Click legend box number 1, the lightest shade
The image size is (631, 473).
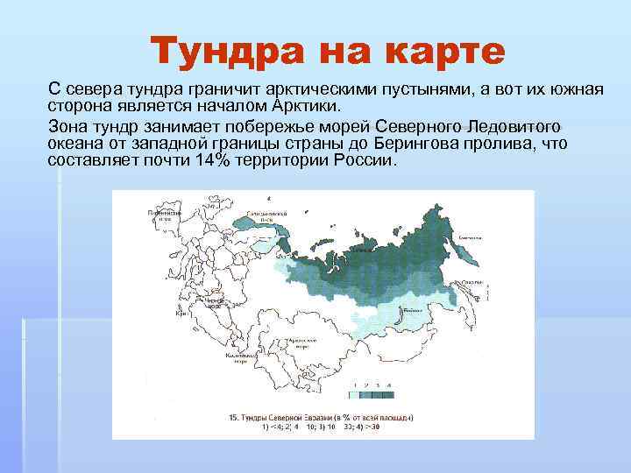352,392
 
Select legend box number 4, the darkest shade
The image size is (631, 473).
389,392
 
